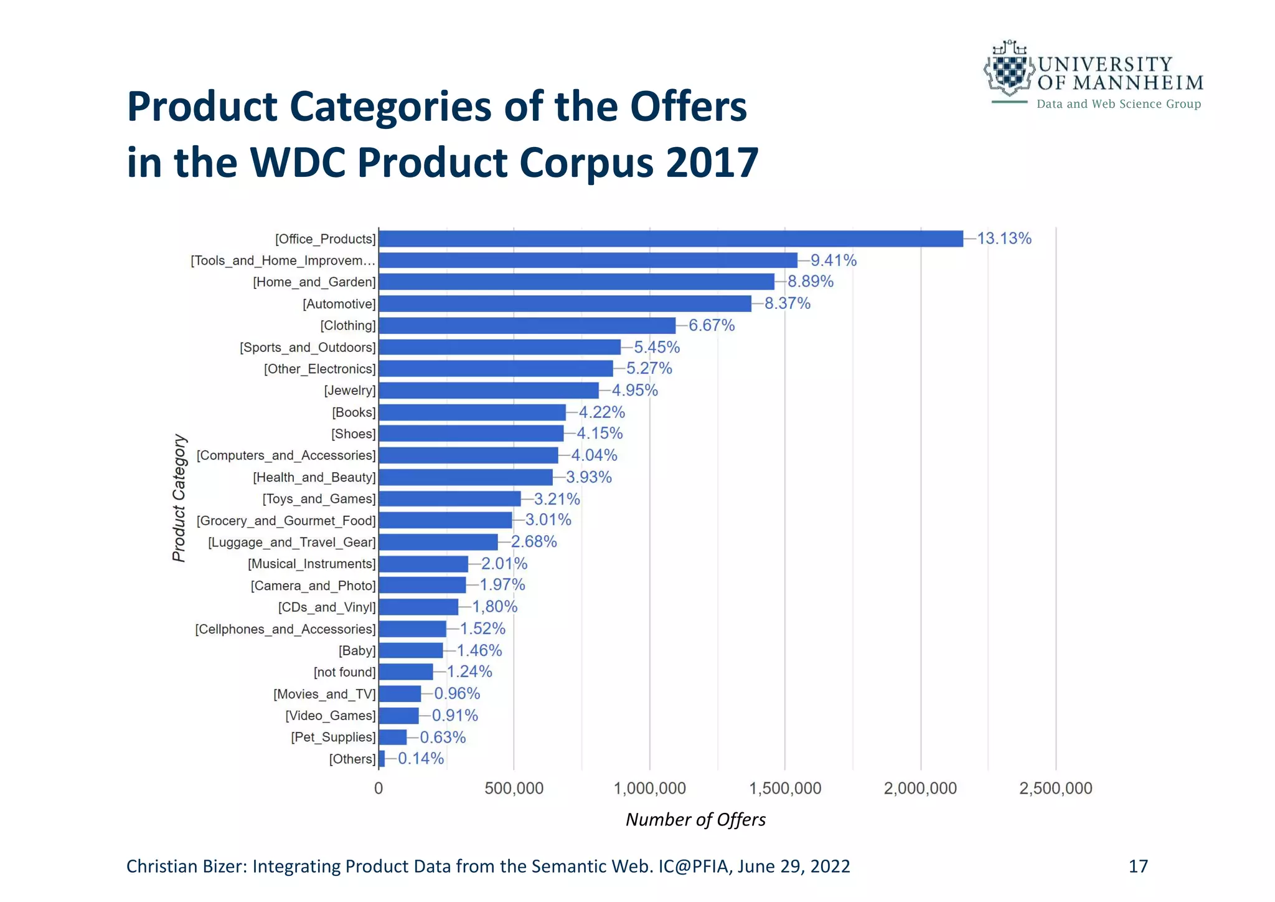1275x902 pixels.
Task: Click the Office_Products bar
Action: click(670, 239)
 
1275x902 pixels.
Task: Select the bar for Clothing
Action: click(527, 325)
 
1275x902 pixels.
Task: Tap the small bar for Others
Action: click(382, 759)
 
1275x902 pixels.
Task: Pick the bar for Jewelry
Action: click(489, 391)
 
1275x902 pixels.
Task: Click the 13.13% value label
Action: click(1004, 239)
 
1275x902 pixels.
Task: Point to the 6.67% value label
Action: click(711, 325)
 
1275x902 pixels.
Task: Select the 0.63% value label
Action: click(443, 738)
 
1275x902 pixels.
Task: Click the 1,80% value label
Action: click(494, 607)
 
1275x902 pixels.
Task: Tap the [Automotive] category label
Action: click(339, 304)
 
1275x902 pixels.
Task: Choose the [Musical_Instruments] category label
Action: click(312, 564)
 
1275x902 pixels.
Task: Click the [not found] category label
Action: click(345, 672)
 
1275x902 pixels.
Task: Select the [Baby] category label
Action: click(357, 651)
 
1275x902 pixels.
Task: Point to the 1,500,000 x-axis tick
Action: click(785, 789)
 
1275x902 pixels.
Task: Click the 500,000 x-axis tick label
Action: click(514, 789)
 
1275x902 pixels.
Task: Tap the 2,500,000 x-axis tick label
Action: click(1055, 789)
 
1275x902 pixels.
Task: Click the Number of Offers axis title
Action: click(695, 820)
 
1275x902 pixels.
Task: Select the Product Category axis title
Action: click(179, 498)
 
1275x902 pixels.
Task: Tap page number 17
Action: click(1137, 866)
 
